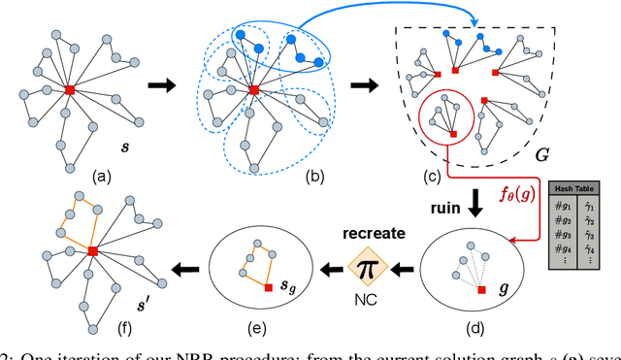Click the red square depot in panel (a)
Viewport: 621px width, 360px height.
click(x=70, y=89)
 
